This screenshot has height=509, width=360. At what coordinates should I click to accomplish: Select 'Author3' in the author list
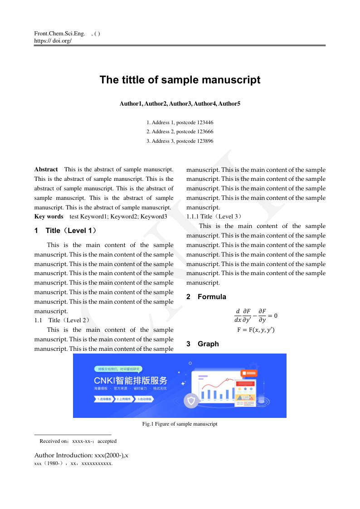(x=180, y=104)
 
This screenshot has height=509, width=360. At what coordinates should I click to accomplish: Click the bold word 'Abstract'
(x=46, y=170)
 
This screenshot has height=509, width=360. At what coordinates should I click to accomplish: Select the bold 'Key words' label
(x=49, y=217)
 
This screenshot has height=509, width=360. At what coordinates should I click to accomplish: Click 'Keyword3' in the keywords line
(x=154, y=217)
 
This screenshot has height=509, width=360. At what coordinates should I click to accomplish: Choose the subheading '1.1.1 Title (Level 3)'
(x=214, y=217)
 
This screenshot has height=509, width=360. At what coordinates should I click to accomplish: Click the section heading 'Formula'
(x=212, y=297)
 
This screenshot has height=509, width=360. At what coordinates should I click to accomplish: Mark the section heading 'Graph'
(x=208, y=344)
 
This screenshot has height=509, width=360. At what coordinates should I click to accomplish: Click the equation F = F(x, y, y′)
(x=256, y=330)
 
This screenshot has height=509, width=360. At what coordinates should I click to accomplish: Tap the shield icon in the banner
(x=191, y=400)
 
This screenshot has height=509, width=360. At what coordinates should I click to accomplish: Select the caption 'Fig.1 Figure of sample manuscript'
(x=180, y=424)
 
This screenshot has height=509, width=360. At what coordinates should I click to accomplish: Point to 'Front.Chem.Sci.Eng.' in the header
(x=59, y=34)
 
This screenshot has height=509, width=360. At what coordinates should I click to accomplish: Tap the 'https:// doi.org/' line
(x=53, y=40)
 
